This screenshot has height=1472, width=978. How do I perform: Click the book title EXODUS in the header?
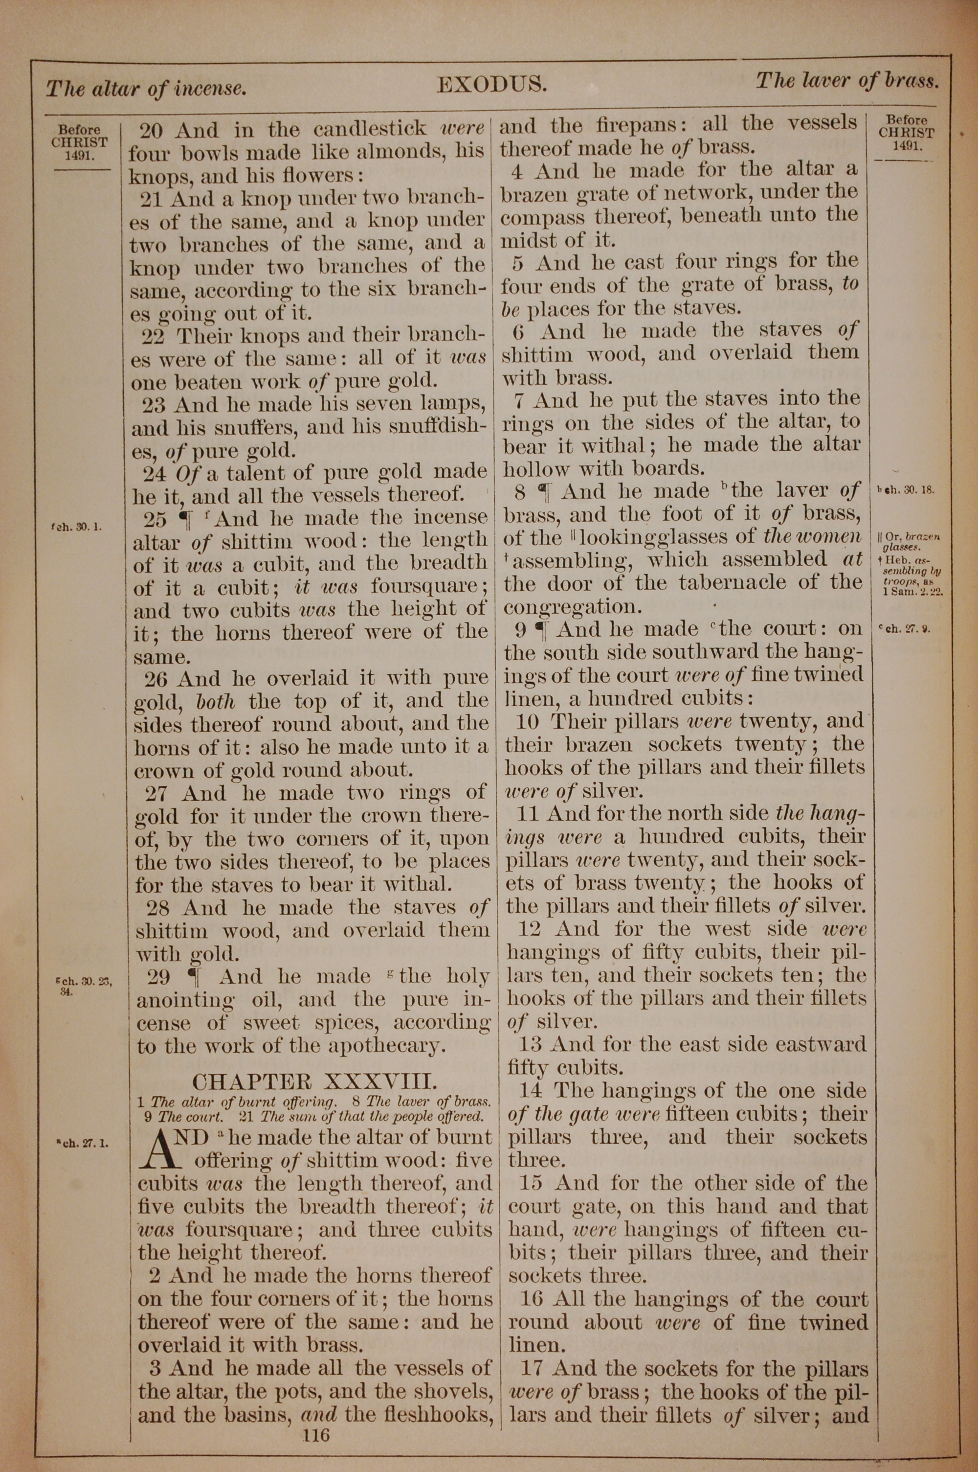(491, 85)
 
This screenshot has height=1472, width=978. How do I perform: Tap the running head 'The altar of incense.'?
(146, 89)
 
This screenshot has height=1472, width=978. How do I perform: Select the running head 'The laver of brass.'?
(847, 81)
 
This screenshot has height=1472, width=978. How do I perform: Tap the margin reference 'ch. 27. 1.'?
(82, 1144)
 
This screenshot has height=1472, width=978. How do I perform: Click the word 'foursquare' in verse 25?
(424, 587)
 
